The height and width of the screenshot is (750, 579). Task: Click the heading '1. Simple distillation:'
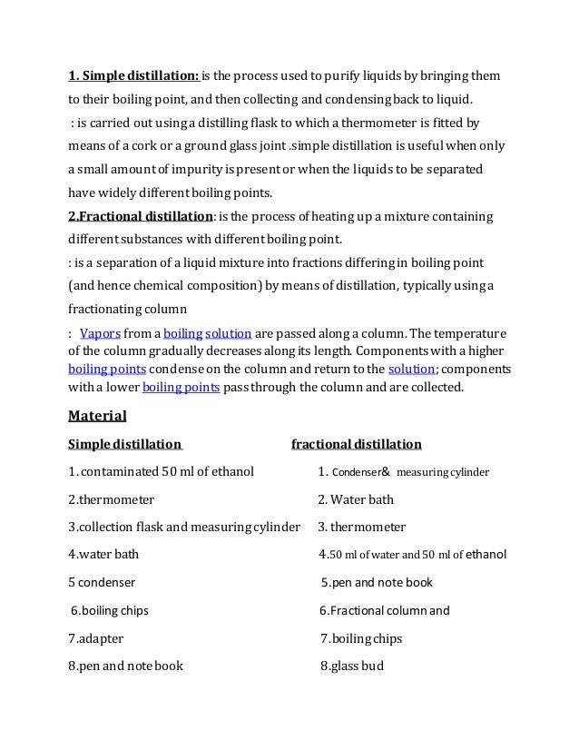point(133,73)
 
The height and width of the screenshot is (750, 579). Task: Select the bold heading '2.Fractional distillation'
point(140,217)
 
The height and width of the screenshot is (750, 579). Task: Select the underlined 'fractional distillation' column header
point(356,444)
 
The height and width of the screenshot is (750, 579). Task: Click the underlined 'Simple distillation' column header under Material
point(125,444)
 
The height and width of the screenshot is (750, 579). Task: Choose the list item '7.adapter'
point(96,637)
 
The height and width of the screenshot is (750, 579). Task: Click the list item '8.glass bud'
point(352,666)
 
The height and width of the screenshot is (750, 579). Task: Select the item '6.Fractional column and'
point(385,610)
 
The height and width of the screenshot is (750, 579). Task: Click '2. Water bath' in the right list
point(355,499)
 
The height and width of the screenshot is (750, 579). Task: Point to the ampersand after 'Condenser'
point(385,471)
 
